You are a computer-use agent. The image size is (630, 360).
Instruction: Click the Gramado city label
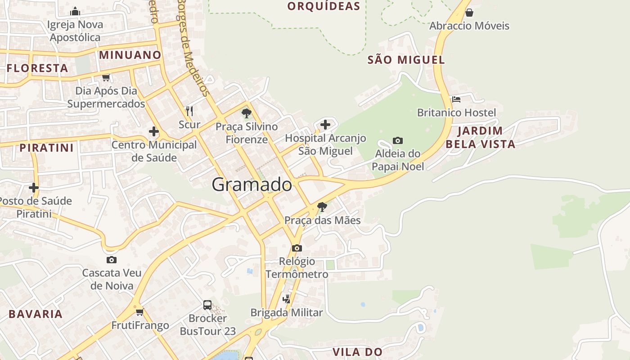pos(252,184)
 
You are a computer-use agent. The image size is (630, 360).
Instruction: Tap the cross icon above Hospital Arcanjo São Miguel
pos(325,125)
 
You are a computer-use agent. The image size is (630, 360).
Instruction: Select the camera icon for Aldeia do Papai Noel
pos(397,140)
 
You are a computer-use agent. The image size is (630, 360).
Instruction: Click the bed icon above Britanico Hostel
pos(456,99)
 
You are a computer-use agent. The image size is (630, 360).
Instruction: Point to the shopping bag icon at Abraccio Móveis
pos(469,12)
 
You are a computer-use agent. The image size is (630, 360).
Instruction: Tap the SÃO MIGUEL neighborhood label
pos(406,60)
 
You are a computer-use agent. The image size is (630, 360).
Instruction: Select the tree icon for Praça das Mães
pos(322,207)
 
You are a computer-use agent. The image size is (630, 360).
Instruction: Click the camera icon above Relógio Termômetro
pos(297,248)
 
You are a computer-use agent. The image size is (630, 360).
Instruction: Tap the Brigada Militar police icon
pos(286,299)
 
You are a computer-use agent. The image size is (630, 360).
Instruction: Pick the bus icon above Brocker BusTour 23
pos(207,305)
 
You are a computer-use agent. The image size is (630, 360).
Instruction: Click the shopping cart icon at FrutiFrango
pos(140,311)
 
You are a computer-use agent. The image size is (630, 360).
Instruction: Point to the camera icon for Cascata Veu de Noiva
pos(112,260)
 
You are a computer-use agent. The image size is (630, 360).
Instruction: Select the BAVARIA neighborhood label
pos(36,314)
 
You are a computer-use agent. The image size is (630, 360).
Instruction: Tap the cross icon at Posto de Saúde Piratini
pos(34,187)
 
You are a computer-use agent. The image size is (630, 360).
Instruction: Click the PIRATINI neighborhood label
pos(46,148)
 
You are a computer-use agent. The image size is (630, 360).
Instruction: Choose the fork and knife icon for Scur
pos(189,111)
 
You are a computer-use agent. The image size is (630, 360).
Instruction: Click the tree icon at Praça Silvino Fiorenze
pos(246,113)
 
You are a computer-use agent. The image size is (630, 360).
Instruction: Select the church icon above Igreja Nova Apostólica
pos(75,11)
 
